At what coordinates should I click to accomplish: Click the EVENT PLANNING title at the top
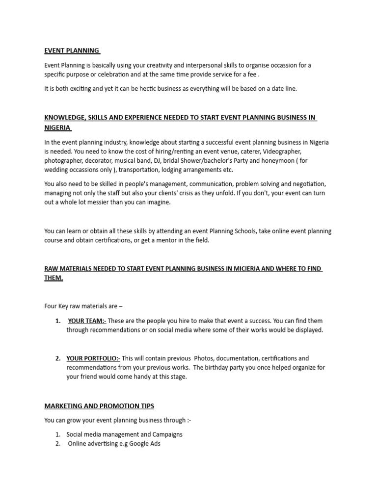tap(72, 50)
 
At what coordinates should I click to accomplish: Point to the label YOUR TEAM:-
tap(86, 321)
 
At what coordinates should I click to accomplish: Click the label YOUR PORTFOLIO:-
tap(93, 358)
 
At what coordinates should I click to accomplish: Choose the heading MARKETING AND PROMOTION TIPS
tap(99, 406)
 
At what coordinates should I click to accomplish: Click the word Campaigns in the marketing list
tap(163, 434)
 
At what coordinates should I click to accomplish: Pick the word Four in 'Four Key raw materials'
tap(51, 306)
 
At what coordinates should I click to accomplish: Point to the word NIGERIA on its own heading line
tap(57, 128)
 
